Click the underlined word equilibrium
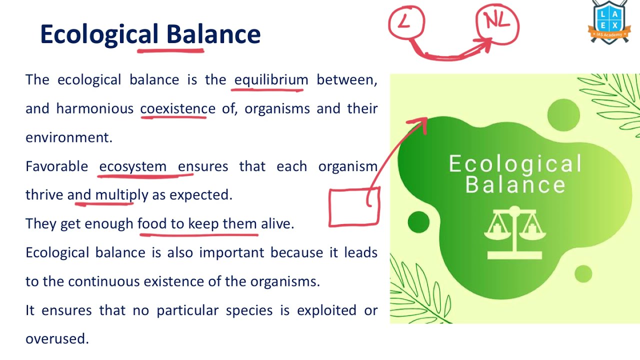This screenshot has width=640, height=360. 271,80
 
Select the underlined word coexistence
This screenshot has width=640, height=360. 177,108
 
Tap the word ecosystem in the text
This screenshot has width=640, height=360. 132,166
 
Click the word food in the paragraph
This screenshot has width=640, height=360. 152,223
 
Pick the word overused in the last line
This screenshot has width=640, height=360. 56,339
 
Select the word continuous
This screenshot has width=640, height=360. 104,281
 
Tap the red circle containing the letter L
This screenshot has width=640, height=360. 406,22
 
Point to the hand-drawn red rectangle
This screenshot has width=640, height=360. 354,207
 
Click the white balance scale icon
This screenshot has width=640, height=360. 514,232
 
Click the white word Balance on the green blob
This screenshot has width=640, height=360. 515,184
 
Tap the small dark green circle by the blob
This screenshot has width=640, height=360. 418,222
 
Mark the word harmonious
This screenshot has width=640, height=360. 94,108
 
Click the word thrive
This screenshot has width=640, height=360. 44,195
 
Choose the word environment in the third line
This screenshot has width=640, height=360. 68,137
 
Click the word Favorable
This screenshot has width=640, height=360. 56,166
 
